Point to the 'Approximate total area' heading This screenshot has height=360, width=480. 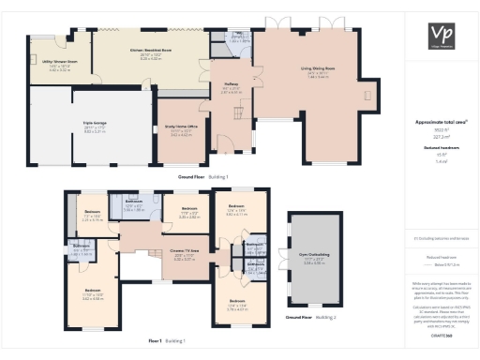coord(440,122)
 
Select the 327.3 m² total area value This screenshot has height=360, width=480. coord(440,136)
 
